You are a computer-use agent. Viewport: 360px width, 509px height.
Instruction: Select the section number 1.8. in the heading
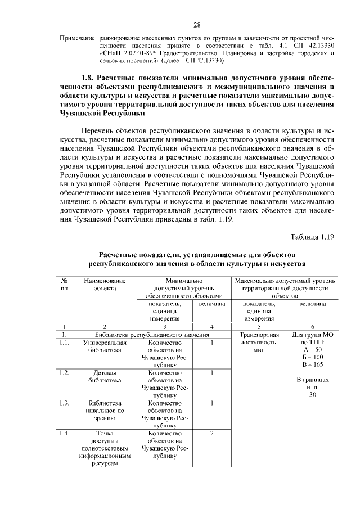85,77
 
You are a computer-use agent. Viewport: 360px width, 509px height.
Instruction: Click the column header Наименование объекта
105,284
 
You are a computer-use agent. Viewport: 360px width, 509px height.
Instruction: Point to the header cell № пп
65,284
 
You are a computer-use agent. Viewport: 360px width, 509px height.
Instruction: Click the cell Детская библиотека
105,376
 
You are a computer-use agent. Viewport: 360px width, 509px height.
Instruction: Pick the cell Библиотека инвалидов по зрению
105,411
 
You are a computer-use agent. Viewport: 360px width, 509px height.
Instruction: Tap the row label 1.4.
65,433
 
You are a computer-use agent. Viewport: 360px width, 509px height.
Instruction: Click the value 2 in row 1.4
211,433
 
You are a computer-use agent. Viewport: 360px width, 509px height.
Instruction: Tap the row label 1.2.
65,372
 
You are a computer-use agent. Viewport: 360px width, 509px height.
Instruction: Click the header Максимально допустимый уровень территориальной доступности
285,287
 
